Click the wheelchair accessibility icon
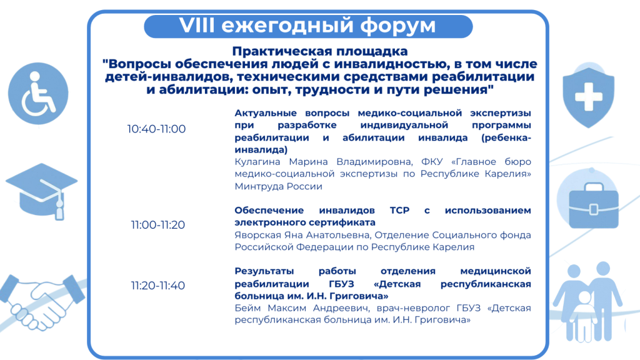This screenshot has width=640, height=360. pyautogui.click(x=38, y=94)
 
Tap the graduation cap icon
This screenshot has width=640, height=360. pyautogui.click(x=42, y=191)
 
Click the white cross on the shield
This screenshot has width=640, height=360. pyautogui.click(x=589, y=96)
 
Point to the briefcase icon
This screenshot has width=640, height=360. pyautogui.click(x=594, y=206)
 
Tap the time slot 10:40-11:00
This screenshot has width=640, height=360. pyautogui.click(x=156, y=129)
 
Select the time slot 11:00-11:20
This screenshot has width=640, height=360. pyautogui.click(x=158, y=225)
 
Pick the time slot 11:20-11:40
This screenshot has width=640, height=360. pyautogui.click(x=158, y=286)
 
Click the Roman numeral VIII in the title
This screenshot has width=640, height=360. pyautogui.click(x=197, y=25)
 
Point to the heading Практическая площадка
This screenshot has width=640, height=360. pyautogui.click(x=320, y=51)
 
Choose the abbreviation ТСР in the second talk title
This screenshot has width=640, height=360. pyautogui.click(x=399, y=210)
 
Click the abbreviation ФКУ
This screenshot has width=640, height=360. pyautogui.click(x=432, y=162)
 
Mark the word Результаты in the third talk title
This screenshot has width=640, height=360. pyautogui.click(x=264, y=271)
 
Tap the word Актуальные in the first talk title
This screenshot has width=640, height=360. pyautogui.click(x=265, y=113)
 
